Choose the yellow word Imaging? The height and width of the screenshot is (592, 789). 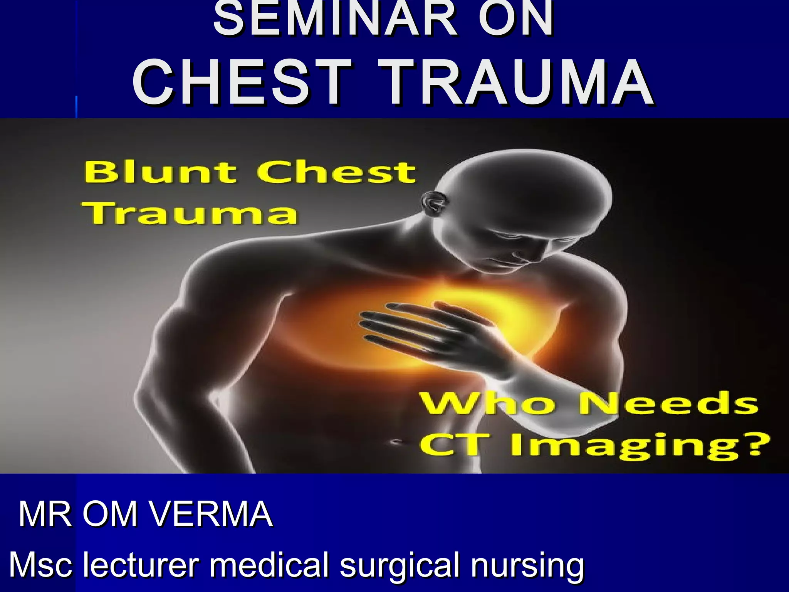pos(632,447)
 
